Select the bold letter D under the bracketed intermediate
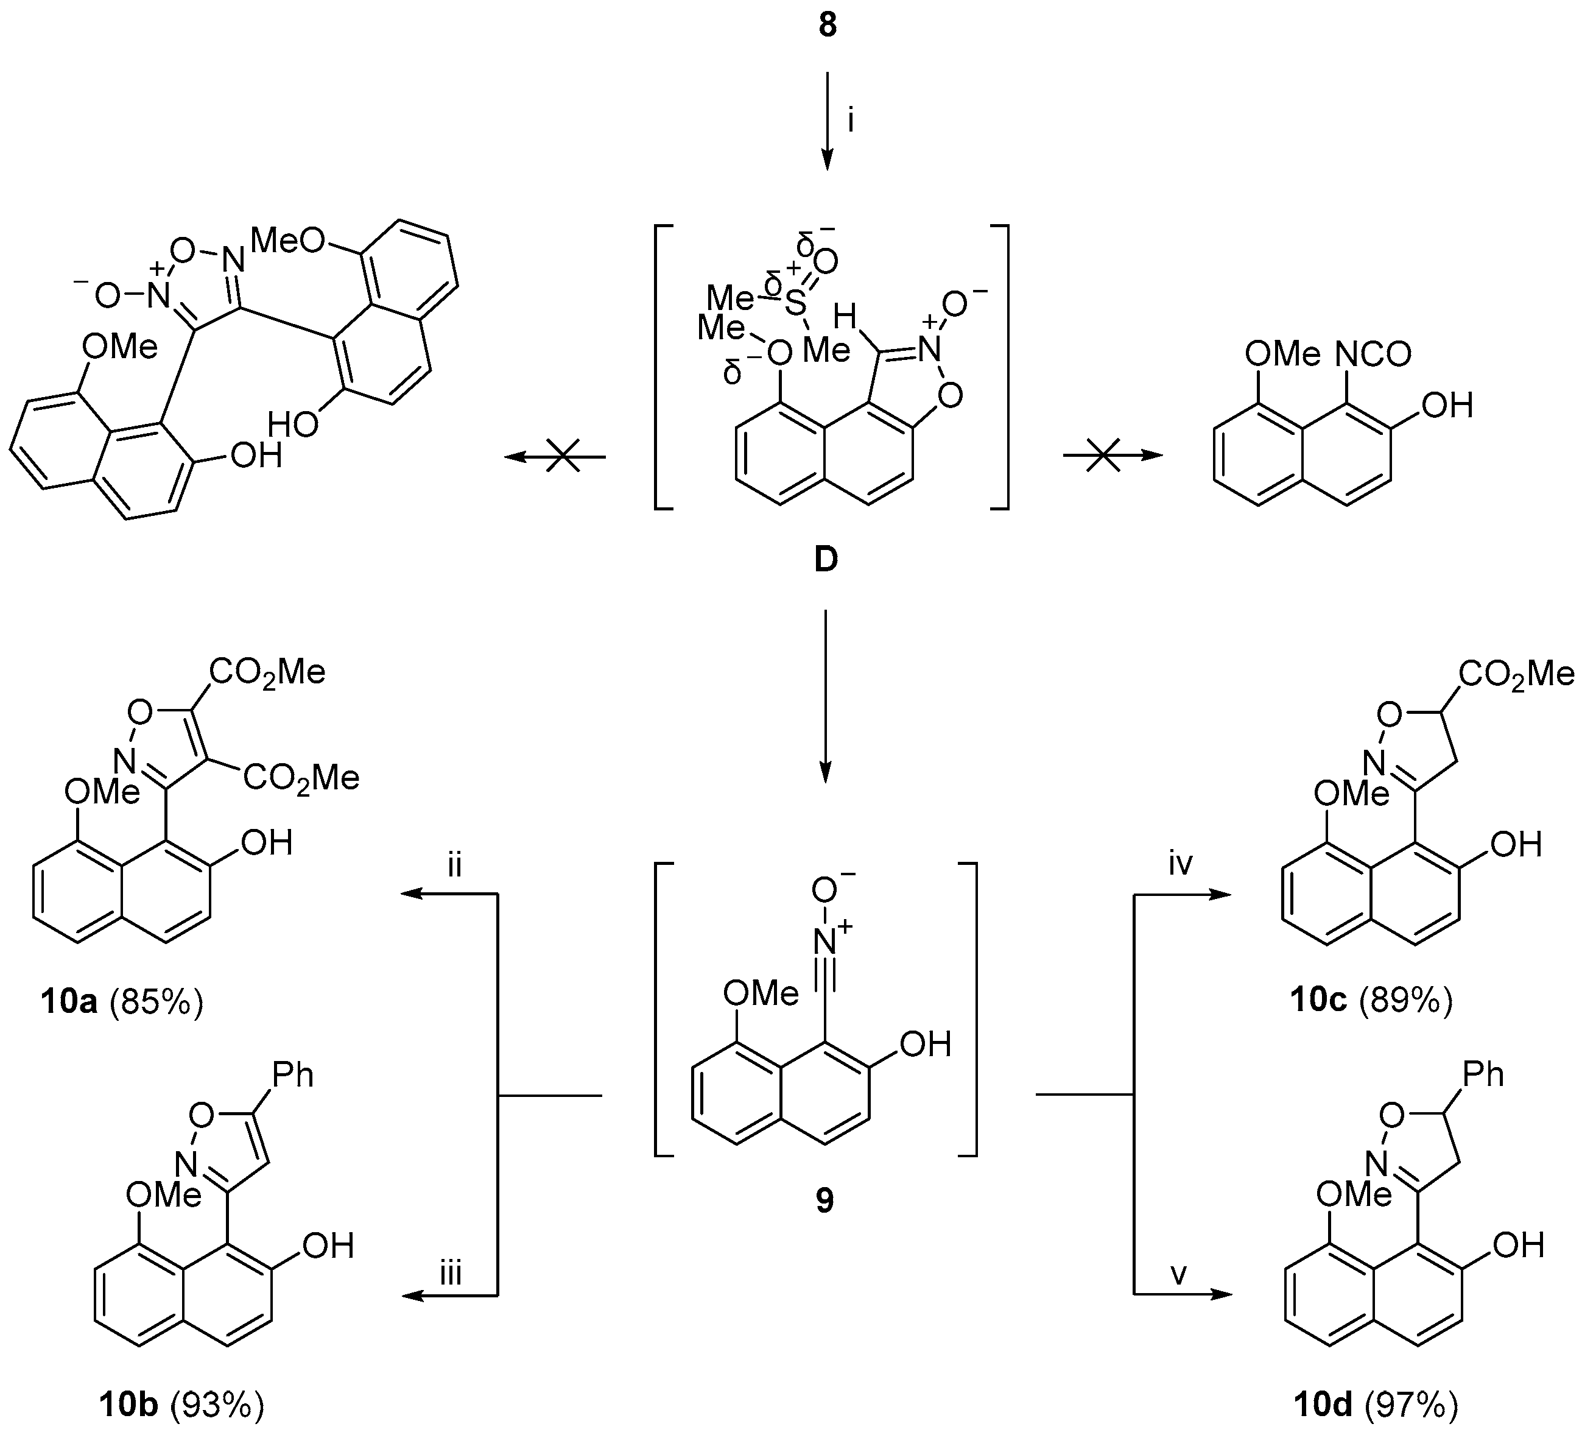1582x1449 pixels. coord(826,560)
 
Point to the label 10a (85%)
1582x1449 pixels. coord(122,1003)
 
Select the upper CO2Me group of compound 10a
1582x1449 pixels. coord(267,672)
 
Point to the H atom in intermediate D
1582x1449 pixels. coord(845,318)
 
